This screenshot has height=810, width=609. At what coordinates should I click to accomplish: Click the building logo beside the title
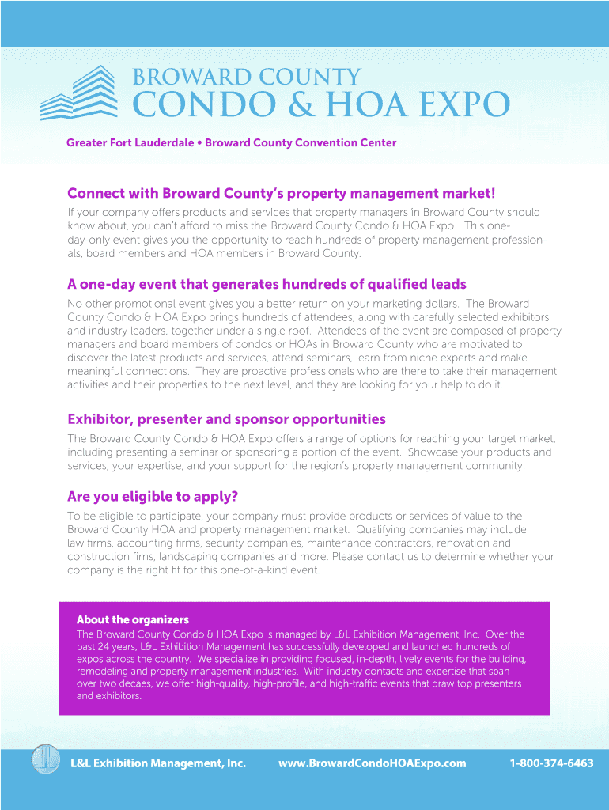click(x=78, y=93)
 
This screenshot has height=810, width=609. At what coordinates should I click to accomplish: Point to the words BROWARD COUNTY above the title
click(x=246, y=77)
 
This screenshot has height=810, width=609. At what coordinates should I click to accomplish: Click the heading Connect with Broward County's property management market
click(x=281, y=194)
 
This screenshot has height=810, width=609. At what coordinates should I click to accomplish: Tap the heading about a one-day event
click(x=267, y=284)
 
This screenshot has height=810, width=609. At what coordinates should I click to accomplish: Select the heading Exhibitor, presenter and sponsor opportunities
click(x=226, y=419)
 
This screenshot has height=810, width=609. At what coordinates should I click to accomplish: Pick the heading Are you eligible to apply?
click(x=153, y=497)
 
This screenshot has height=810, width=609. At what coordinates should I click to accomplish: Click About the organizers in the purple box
click(x=132, y=619)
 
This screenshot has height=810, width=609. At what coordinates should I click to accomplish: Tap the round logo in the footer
click(x=46, y=760)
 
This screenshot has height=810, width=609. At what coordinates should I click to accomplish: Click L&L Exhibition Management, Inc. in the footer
click(x=158, y=763)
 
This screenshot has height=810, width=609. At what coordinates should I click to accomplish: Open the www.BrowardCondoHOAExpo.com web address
click(x=372, y=763)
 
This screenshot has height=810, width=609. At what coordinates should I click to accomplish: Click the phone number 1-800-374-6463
click(x=551, y=763)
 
